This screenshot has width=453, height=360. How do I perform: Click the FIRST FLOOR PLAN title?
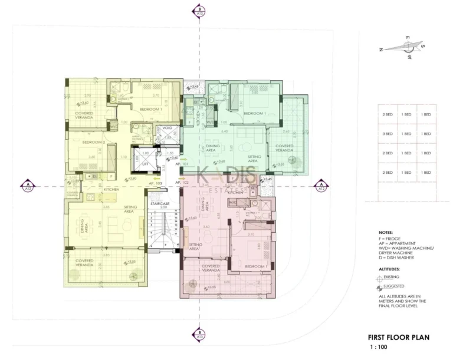[399, 338]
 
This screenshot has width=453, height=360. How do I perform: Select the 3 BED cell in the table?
[388, 134]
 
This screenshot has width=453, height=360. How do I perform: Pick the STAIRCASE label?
[160, 203]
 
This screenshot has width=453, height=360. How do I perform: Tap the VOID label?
[168, 127]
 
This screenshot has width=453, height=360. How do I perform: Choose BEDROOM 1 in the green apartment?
[255, 113]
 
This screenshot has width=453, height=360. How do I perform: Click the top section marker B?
[200, 11]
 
